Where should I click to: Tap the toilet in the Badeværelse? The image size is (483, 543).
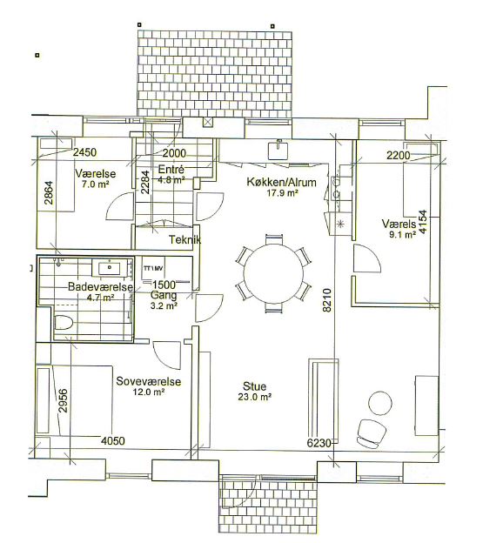pyautogui.click(x=64, y=323)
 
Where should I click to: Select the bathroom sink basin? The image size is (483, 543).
pyautogui.click(x=110, y=268)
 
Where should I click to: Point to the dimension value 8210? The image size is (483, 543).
pyautogui.click(x=327, y=300)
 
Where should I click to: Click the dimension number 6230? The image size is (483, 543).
pyautogui.click(x=319, y=443)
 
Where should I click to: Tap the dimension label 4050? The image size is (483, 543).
pyautogui.click(x=113, y=441)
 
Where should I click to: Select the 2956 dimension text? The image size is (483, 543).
pyautogui.click(x=63, y=400)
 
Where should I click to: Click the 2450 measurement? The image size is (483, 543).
pyautogui.click(x=84, y=152)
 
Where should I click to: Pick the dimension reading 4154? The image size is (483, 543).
pyautogui.click(x=423, y=222)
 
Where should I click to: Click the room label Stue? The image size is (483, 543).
pyautogui.click(x=254, y=386)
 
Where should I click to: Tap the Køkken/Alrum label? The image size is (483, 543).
pyautogui.click(x=281, y=182)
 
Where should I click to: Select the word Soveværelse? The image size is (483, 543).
pyautogui.click(x=149, y=381)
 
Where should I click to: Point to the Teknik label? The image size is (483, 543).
pyautogui.click(x=184, y=239)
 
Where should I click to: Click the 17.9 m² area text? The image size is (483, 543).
pyautogui.click(x=282, y=193)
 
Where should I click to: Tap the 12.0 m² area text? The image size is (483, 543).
pyautogui.click(x=149, y=392)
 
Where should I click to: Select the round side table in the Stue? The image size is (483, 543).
pyautogui.click(x=380, y=403)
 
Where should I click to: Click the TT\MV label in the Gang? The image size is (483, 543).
pyautogui.click(x=153, y=268)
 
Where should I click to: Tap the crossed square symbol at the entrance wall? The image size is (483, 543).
pyautogui.click(x=207, y=122)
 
